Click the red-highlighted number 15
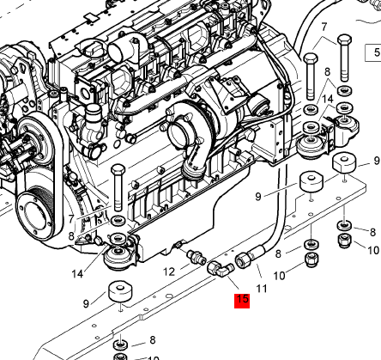click(x=242, y=301)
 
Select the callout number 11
click(x=262, y=289)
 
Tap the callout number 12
click(x=169, y=272)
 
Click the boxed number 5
click(x=377, y=52)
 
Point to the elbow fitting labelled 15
click(x=221, y=269)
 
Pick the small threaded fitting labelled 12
click(x=197, y=256)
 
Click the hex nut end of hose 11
click(x=243, y=260)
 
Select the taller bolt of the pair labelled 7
click(x=344, y=58)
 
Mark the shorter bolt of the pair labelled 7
click(x=311, y=76)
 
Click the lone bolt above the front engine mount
click(x=118, y=187)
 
